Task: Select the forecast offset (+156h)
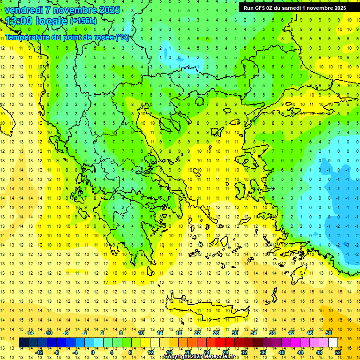83,21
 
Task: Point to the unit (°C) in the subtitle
122,37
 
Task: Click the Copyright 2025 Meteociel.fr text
199,357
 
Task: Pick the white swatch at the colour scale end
333,343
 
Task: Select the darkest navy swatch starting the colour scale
24,343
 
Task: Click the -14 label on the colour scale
30,333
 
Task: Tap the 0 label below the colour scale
93,352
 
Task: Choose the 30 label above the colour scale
235,333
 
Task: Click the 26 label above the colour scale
216,333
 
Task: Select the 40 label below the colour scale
282,352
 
